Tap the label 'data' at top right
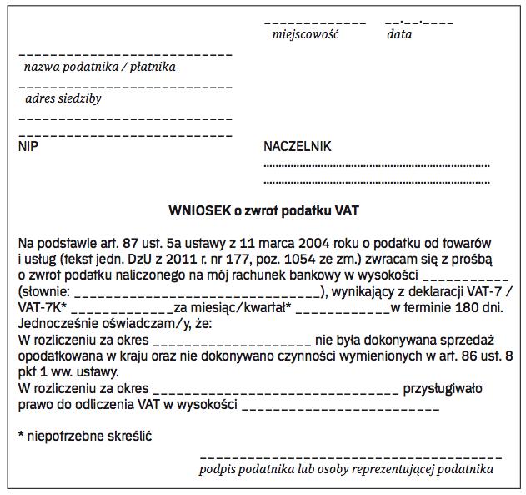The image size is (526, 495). point(399,35)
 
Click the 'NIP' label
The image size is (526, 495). point(28,147)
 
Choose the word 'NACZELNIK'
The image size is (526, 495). point(298,147)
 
